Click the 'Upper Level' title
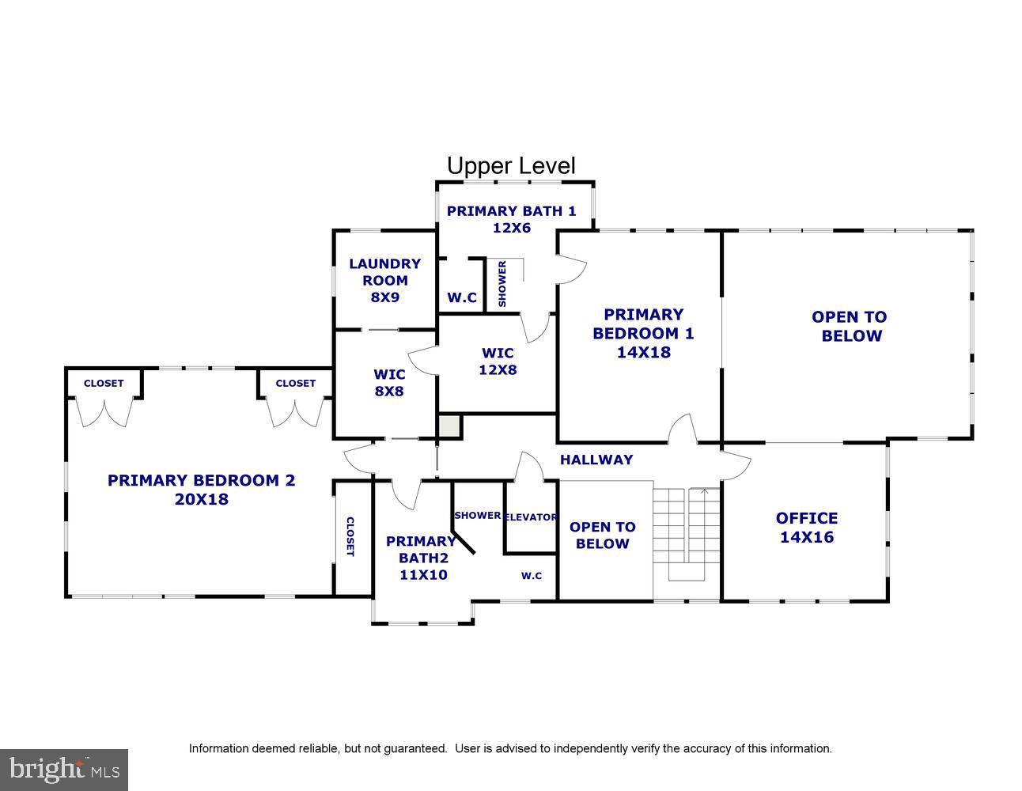click(511, 166)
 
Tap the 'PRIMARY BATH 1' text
click(511, 211)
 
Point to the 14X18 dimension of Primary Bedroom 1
click(643, 353)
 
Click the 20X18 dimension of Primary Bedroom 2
click(201, 500)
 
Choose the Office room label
click(806, 519)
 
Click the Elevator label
click(531, 517)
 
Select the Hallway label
click(596, 460)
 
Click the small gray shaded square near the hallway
click(449, 426)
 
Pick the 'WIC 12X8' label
click(498, 361)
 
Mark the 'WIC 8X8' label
click(389, 382)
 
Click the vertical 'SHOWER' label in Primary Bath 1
click(502, 284)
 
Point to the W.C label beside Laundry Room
click(462, 298)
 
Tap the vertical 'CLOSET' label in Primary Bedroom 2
click(350, 536)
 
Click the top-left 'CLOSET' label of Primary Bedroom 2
click(104, 384)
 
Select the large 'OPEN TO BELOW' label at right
click(850, 326)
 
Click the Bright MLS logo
click(63, 769)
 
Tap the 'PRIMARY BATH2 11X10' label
click(421, 558)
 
